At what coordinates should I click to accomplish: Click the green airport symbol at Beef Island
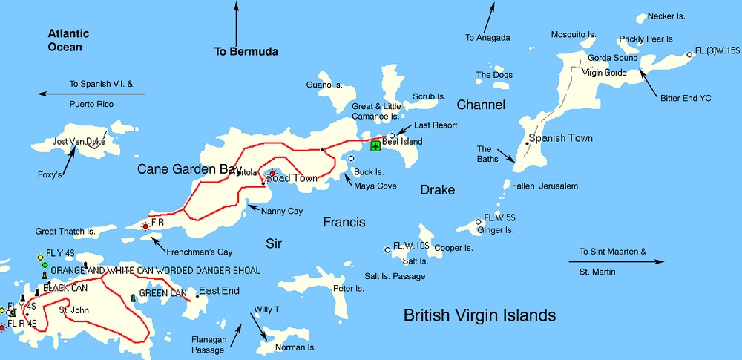click(375, 145)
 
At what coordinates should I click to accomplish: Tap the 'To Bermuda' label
click(246, 52)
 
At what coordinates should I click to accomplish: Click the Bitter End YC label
click(686, 97)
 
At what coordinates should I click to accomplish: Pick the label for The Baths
click(485, 154)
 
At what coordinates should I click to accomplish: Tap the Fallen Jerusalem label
click(545, 186)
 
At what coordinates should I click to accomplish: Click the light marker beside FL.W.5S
click(479, 221)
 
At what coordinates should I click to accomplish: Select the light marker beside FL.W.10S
click(387, 249)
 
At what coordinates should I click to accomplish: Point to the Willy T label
click(266, 309)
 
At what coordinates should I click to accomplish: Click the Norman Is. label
click(296, 347)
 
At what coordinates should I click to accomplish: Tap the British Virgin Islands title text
click(479, 315)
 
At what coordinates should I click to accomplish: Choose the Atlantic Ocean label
click(68, 40)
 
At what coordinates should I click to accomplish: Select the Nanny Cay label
click(282, 212)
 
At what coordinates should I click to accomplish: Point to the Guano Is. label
click(324, 85)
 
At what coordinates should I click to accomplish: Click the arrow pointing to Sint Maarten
click(617, 261)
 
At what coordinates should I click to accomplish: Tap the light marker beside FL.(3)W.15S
click(689, 53)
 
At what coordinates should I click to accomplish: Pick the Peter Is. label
click(349, 288)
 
